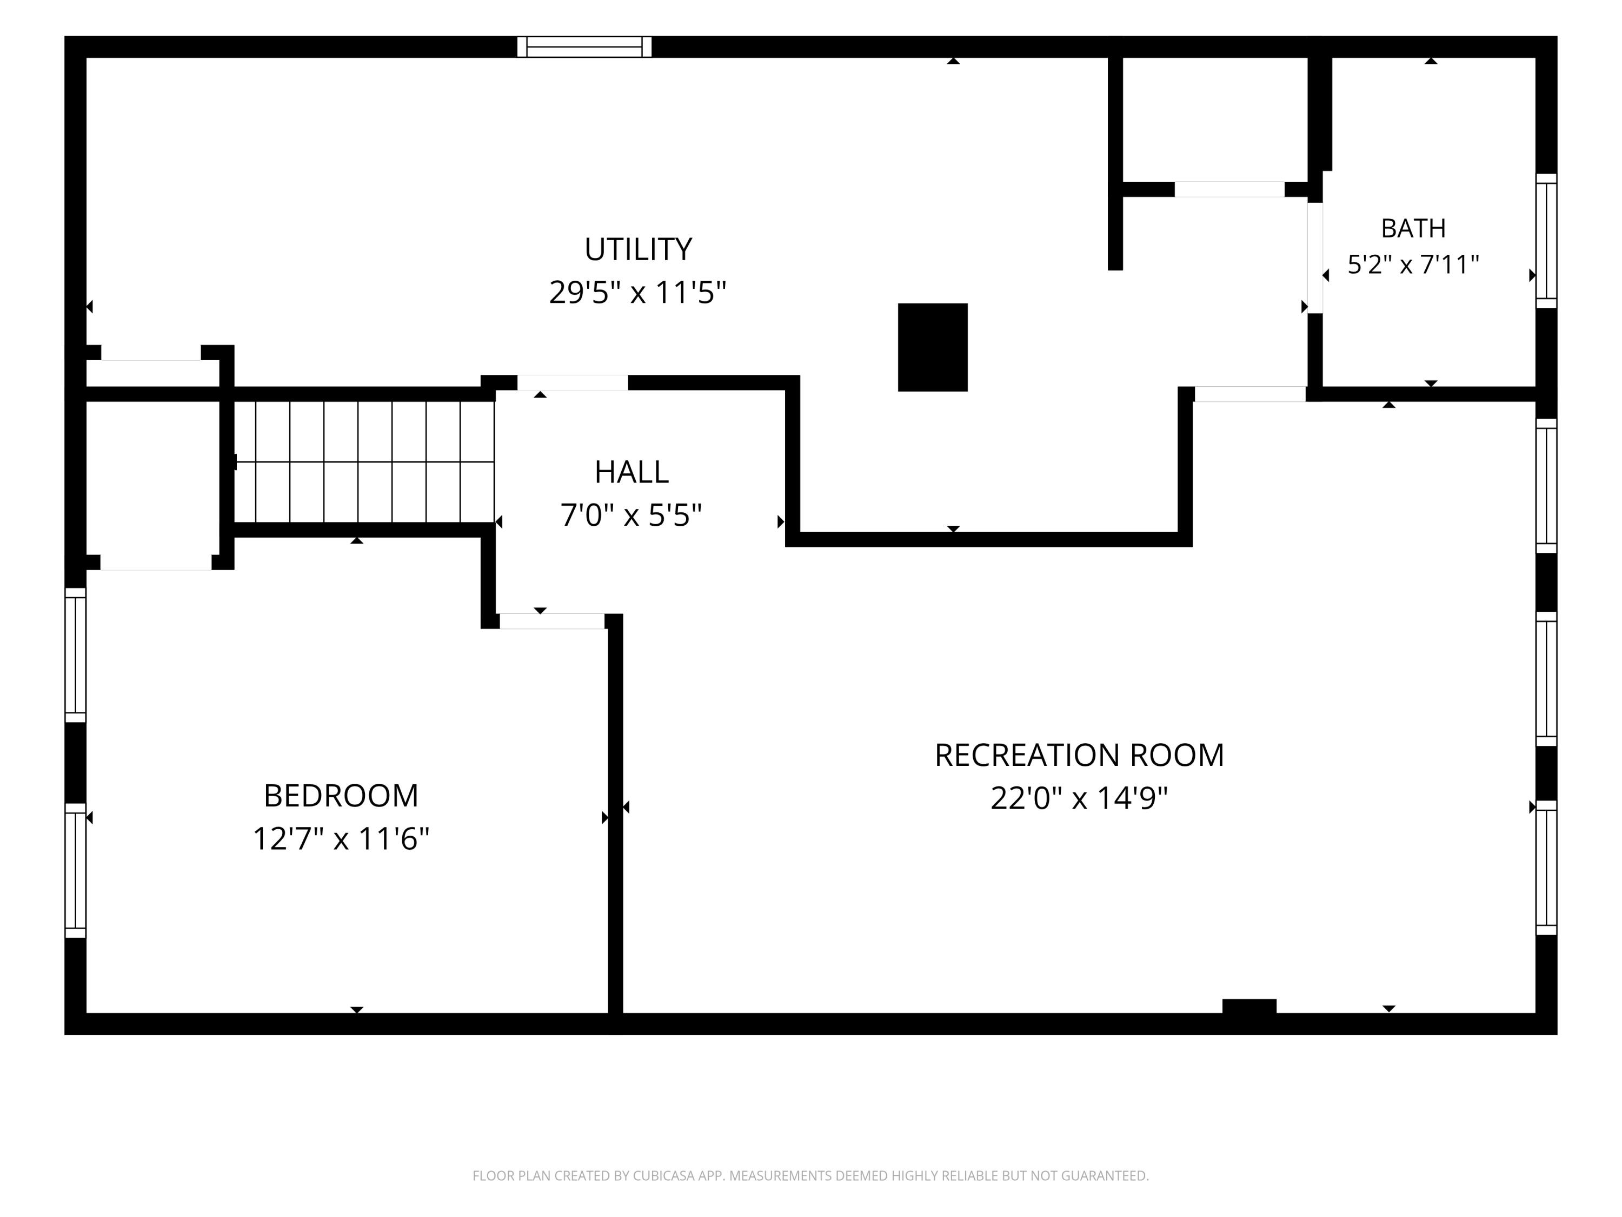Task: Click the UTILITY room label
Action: (x=638, y=250)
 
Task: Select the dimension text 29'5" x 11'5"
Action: (x=637, y=292)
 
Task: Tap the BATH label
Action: (x=1413, y=229)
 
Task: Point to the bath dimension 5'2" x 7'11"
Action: (x=1413, y=264)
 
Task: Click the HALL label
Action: (x=631, y=472)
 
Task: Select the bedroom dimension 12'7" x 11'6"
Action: (x=341, y=838)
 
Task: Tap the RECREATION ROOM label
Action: (x=1079, y=756)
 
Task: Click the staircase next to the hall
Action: (x=364, y=462)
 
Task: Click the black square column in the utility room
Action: (x=933, y=347)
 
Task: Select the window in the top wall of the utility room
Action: (x=584, y=47)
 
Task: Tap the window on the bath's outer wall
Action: (x=1546, y=241)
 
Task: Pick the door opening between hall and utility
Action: (x=573, y=383)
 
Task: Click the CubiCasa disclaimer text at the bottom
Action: (x=810, y=1175)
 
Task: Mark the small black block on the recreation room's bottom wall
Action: (x=1249, y=1007)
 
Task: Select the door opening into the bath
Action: (x=1315, y=257)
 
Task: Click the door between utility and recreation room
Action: (x=1250, y=394)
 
